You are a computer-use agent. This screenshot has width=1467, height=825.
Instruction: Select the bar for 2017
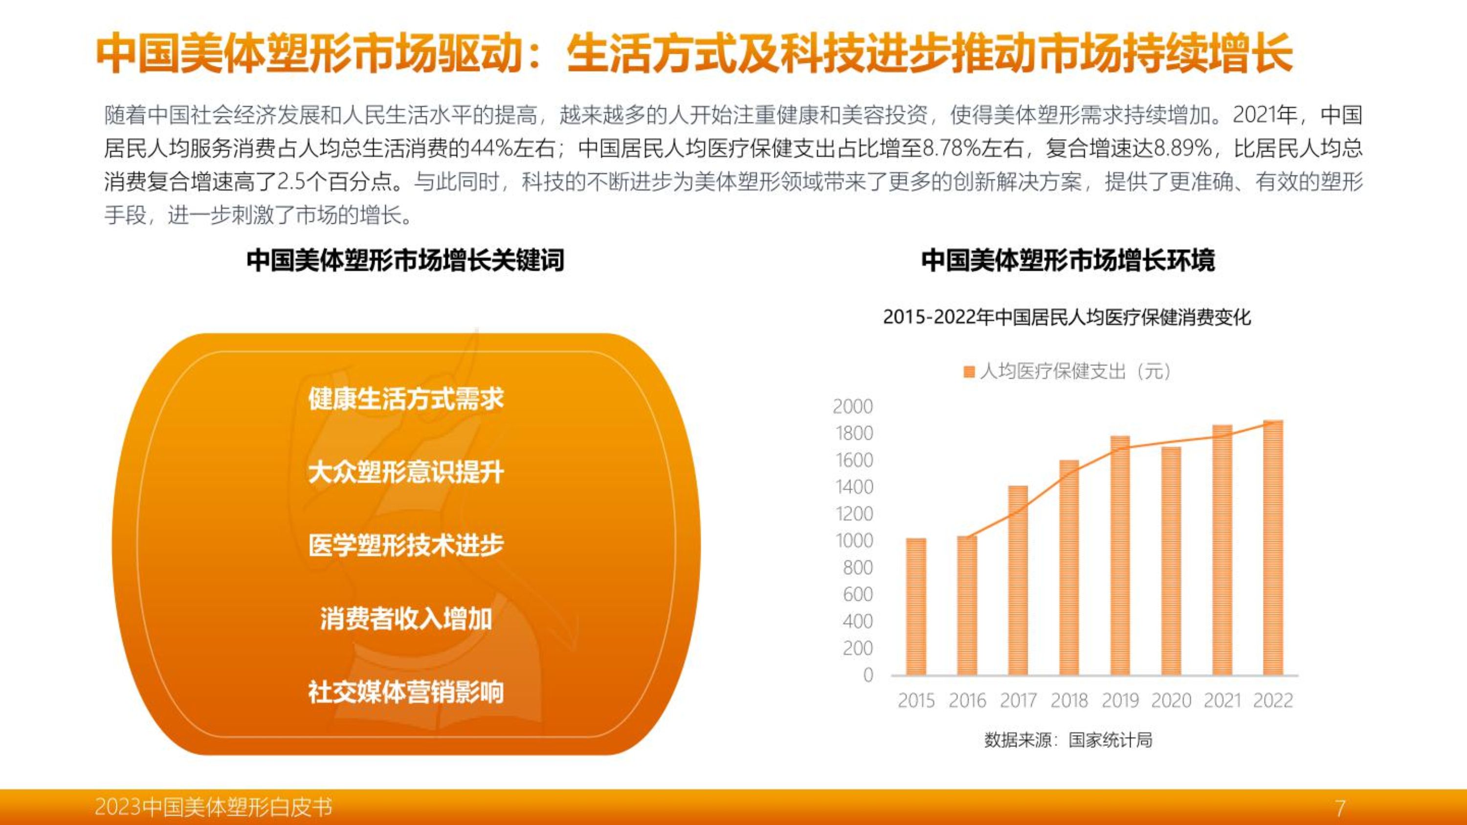click(x=1018, y=580)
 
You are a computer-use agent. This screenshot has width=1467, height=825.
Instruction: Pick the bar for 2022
click(x=1273, y=548)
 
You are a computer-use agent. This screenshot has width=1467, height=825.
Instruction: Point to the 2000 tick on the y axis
click(x=852, y=407)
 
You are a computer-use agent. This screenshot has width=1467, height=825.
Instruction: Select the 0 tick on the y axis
click(x=868, y=674)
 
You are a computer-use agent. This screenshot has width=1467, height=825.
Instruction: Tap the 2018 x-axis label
click(x=1069, y=700)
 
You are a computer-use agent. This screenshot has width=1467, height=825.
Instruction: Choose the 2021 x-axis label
click(x=1222, y=700)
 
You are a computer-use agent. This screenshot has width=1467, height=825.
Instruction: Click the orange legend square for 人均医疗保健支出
click(x=969, y=372)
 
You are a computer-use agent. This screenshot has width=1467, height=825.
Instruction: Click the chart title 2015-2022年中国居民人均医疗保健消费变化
click(x=1067, y=317)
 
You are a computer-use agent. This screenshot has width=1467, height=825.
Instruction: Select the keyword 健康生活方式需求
click(x=406, y=398)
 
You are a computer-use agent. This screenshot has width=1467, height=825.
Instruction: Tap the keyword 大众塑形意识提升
click(x=406, y=473)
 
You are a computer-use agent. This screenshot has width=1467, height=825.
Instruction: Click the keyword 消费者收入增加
click(x=406, y=619)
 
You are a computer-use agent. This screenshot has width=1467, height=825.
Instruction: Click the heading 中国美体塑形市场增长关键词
click(x=405, y=260)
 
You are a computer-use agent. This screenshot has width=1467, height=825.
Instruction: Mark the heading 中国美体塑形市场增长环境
click(x=1068, y=260)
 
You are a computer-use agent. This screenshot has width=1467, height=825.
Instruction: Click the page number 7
click(x=1340, y=807)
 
